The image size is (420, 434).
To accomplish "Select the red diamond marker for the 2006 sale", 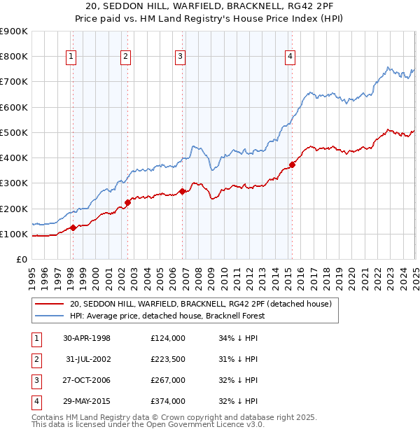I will point(182,191).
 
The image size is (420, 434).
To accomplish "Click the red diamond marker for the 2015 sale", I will point(292,164).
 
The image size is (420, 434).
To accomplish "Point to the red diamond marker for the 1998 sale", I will point(73,227).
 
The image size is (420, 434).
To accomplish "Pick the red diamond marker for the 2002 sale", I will point(127,202).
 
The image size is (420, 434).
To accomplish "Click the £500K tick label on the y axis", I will point(13,132).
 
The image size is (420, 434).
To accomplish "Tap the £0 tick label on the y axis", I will point(21,259).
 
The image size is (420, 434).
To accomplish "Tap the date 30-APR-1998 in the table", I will point(86,338).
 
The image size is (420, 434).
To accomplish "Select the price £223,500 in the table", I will point(167,359).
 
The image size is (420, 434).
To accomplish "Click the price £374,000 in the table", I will point(167,401).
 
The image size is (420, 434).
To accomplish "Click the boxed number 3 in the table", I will point(36,380).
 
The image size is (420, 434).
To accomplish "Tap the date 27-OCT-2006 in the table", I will point(86,380).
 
